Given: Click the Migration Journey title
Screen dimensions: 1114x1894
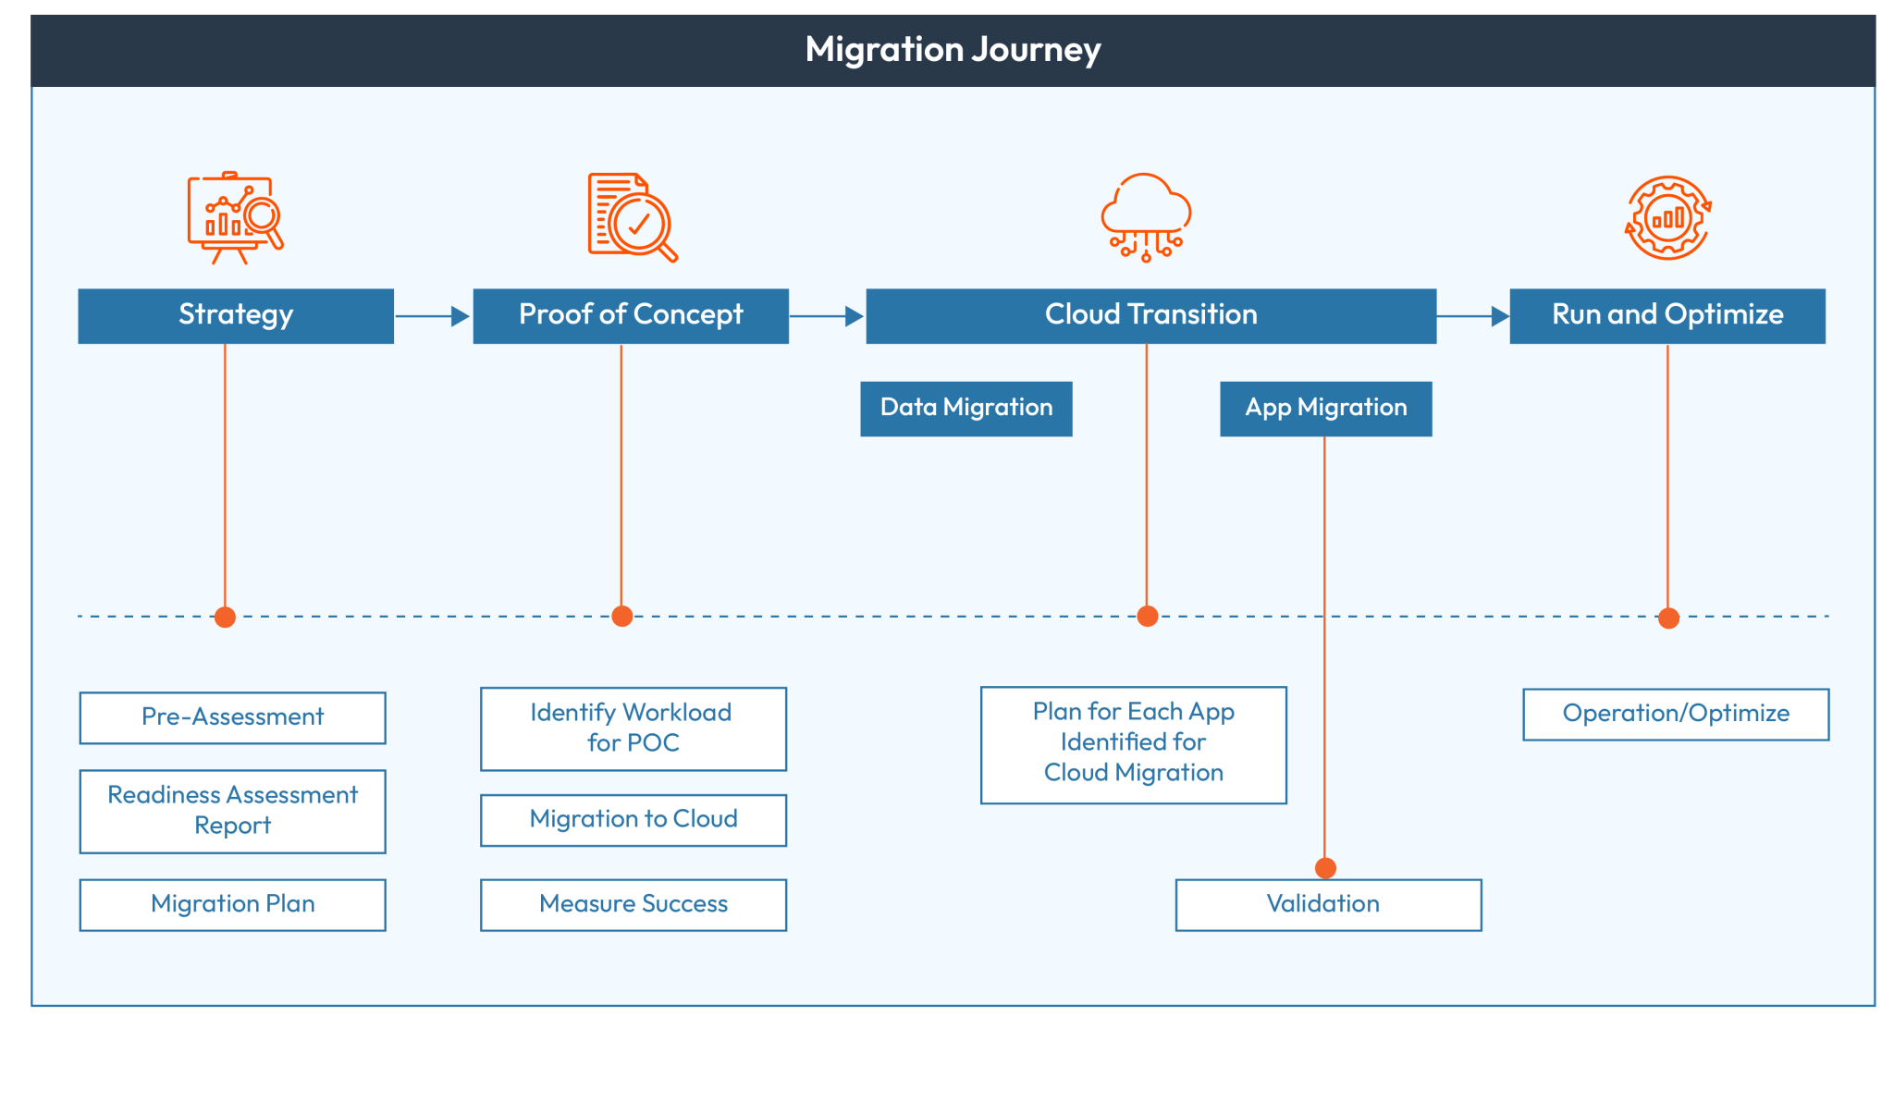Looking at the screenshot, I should point(953,50).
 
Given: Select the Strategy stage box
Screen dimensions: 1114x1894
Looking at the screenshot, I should point(236,315).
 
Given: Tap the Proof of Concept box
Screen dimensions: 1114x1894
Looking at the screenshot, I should point(631,315).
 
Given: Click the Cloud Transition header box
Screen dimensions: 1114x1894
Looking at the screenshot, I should point(1150,315).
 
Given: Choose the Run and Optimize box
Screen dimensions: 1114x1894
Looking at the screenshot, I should point(1666,315).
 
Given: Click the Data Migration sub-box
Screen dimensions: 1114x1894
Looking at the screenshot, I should point(965,408).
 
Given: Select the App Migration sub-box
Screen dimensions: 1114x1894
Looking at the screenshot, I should point(1325,408).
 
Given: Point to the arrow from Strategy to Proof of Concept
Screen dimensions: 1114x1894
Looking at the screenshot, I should point(433,316).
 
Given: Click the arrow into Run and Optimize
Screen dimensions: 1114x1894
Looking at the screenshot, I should point(1472,316).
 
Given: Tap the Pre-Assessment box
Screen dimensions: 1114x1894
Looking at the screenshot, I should point(232,717).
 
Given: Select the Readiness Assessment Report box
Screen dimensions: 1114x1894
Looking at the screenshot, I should point(232,811).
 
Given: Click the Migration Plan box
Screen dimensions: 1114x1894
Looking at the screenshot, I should point(232,904).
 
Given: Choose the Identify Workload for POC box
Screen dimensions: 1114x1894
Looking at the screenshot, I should point(633,728).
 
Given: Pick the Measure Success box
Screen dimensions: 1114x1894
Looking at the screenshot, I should point(633,904).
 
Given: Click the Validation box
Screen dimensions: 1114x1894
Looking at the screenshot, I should point(1327,904).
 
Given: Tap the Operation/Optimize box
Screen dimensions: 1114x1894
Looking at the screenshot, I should point(1675,714).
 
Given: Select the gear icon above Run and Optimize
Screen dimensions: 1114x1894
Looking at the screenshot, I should point(1667,218).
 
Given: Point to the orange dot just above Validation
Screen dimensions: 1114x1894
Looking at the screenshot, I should point(1325,867).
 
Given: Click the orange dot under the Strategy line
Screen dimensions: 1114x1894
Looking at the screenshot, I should point(225,617).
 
